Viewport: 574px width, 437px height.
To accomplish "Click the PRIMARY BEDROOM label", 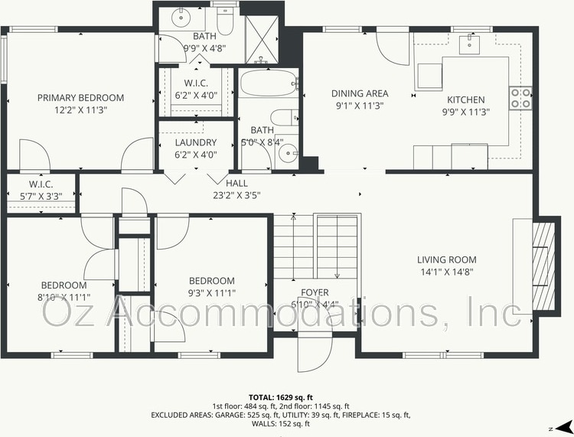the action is [80, 98].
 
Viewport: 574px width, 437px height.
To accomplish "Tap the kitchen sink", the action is [469, 44].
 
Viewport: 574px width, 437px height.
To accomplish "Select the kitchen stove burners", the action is [520, 98].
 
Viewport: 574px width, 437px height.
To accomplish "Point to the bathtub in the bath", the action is [268, 83].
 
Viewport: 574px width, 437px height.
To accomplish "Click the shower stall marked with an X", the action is [262, 40].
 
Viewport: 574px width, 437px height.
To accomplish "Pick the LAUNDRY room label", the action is [196, 142].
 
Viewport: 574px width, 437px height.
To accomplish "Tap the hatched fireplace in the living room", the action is [543, 266].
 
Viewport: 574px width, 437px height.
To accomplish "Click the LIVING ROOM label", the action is [447, 260].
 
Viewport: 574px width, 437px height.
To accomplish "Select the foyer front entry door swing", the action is [315, 351].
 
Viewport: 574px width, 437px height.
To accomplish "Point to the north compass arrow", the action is [564, 428].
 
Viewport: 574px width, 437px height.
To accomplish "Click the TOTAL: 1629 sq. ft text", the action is [280, 397].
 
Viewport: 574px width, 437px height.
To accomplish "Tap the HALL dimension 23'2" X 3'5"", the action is [236, 195].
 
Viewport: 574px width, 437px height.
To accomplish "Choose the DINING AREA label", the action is [360, 93].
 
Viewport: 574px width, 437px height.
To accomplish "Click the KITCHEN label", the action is [465, 99].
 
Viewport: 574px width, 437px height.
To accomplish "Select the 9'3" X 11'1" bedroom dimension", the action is [211, 293].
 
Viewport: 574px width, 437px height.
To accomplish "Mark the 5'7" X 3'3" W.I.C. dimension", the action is [41, 197].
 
